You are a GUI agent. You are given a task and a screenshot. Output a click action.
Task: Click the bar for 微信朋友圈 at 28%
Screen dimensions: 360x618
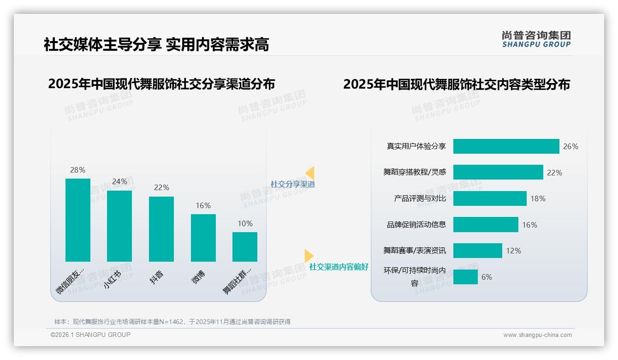pyautogui.click(x=78, y=220)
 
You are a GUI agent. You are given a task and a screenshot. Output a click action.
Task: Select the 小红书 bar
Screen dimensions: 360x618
pyautogui.click(x=119, y=226)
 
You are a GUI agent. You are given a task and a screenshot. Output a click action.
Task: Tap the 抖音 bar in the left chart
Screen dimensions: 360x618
pyautogui.click(x=161, y=229)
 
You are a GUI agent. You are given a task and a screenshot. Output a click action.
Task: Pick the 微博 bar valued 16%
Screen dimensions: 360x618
pyautogui.click(x=203, y=238)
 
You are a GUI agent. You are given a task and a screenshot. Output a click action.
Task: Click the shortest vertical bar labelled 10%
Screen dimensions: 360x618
pyautogui.click(x=245, y=246)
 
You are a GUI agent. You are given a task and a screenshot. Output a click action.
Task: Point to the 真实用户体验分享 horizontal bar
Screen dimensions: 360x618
pyautogui.click(x=506, y=146)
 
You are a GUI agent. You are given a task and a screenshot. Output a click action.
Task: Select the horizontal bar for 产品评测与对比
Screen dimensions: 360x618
pyautogui.click(x=490, y=198)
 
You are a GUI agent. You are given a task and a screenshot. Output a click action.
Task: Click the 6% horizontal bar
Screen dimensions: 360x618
pyautogui.click(x=465, y=277)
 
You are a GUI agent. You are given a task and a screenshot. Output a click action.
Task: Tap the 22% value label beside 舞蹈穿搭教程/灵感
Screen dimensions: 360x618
pyautogui.click(x=554, y=173)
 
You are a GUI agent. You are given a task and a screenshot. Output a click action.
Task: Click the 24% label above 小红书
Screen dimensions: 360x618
pyautogui.click(x=119, y=182)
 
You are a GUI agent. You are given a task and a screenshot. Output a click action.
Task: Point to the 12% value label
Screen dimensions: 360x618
pyautogui.click(x=513, y=251)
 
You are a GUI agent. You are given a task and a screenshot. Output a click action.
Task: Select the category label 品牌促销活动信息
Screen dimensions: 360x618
pyautogui.click(x=416, y=225)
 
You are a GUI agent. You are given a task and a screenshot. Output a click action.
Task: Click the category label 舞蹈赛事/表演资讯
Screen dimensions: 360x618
pyautogui.click(x=415, y=251)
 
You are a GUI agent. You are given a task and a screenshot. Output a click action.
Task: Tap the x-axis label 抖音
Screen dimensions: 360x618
pyautogui.click(x=157, y=276)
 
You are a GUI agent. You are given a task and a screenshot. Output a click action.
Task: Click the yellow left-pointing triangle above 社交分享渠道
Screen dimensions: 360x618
pyautogui.click(x=310, y=173)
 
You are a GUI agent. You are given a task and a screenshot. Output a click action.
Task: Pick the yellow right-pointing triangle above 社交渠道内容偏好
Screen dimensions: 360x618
pyautogui.click(x=309, y=255)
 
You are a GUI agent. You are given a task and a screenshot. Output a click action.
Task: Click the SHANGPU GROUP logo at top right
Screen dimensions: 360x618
pyautogui.click(x=536, y=39)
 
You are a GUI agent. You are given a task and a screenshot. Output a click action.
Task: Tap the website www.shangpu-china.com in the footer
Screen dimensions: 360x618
pyautogui.click(x=537, y=335)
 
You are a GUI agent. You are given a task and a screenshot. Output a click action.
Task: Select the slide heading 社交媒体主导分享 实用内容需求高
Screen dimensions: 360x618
pyautogui.click(x=156, y=44)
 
